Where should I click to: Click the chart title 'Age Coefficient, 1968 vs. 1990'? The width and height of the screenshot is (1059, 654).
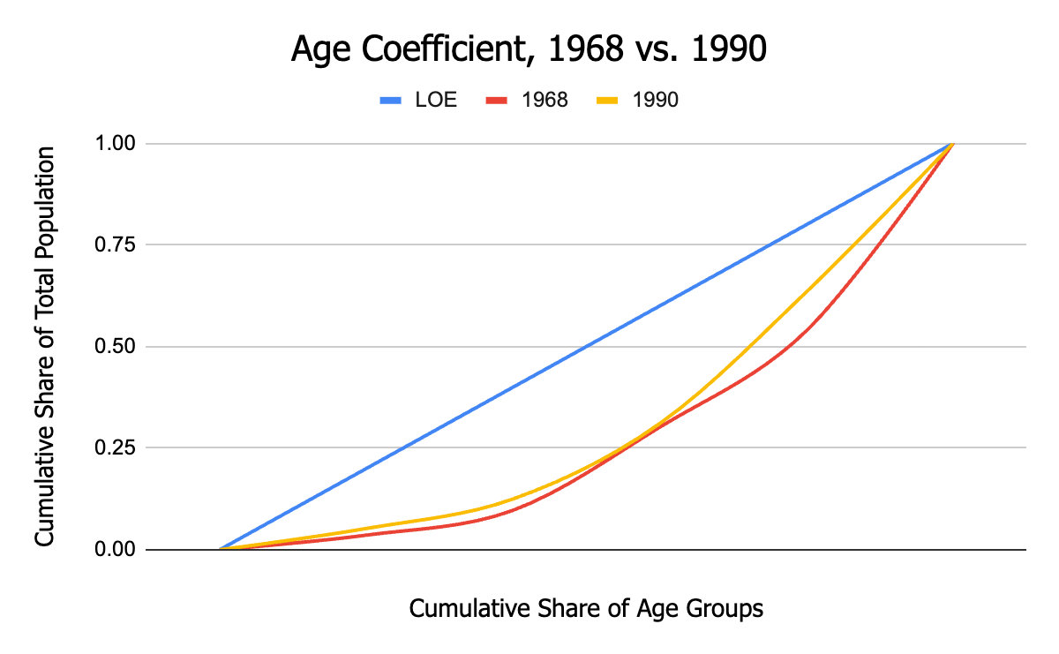[529, 49]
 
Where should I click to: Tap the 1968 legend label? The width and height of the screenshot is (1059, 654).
[545, 100]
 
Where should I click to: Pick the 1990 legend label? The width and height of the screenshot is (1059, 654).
[655, 100]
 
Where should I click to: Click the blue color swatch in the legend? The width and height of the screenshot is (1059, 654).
[391, 100]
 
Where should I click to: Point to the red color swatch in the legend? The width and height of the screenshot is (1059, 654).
[498, 100]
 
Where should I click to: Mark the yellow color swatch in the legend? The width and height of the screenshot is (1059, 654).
[608, 100]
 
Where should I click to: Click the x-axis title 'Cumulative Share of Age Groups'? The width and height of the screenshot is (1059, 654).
[586, 609]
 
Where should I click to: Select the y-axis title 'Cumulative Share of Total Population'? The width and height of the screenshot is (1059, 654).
[45, 346]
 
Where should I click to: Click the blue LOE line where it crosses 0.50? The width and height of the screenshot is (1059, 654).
[587, 346]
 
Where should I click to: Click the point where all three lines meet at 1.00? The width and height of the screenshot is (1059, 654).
[952, 143]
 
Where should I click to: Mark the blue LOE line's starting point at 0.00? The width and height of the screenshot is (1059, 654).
[222, 549]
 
